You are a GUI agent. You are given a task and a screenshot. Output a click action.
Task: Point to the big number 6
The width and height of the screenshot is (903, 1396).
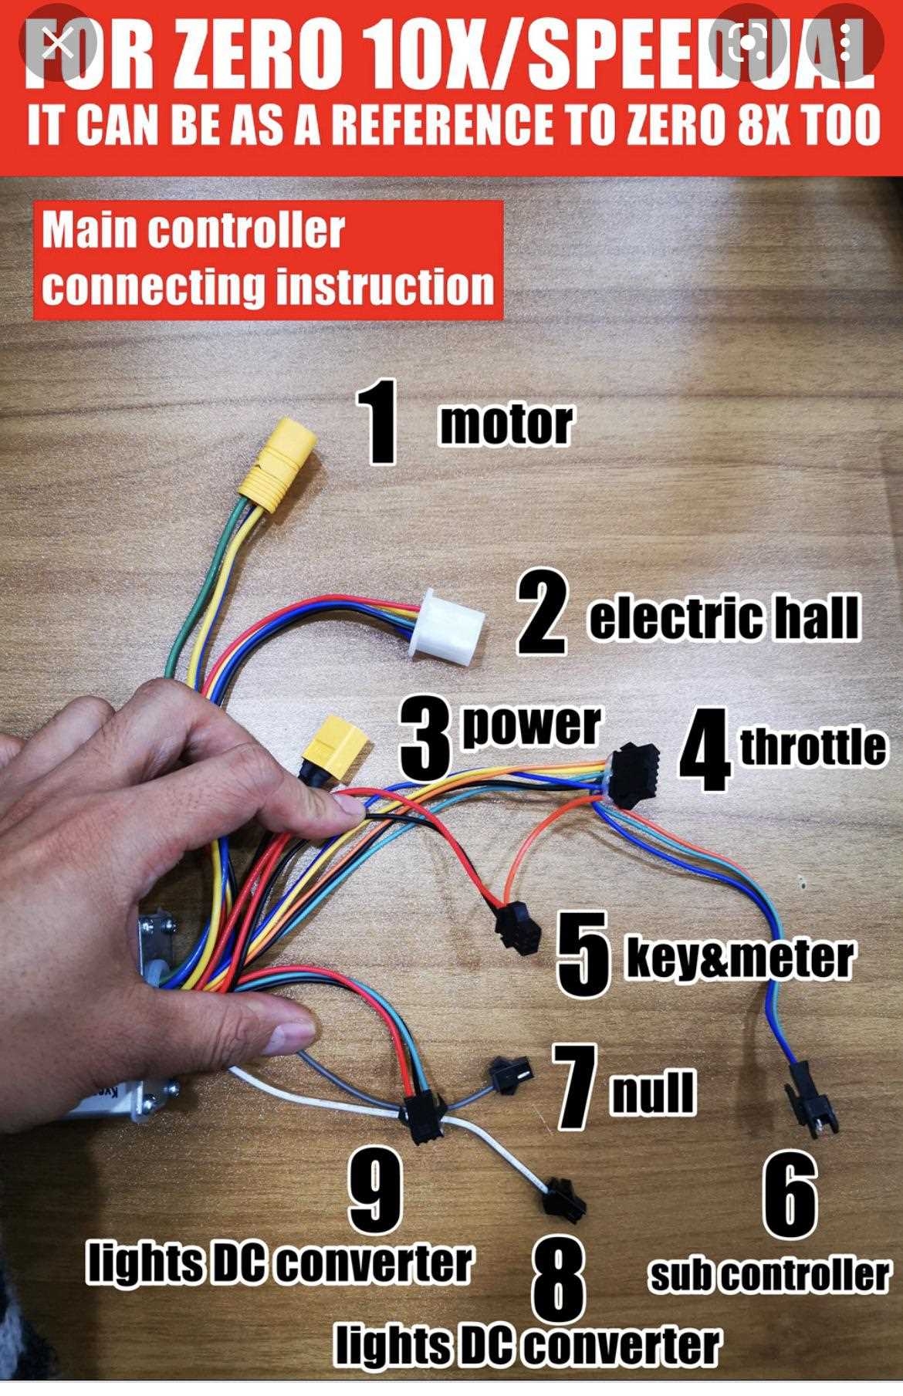tap(790, 1192)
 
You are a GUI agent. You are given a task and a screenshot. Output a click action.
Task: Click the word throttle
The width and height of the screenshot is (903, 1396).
tap(813, 746)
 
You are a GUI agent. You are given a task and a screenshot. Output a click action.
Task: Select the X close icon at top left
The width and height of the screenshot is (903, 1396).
tap(59, 45)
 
